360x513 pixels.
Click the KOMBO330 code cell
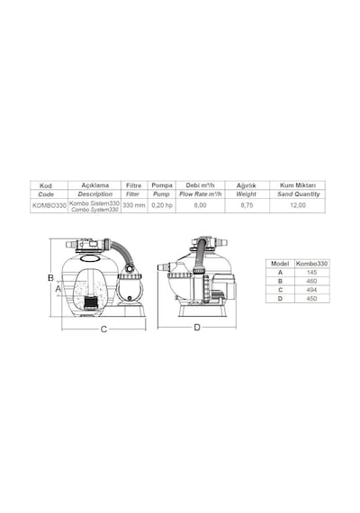click(49, 206)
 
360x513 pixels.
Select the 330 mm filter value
click(134, 205)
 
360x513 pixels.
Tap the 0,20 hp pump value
click(162, 205)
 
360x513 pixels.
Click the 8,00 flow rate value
click(201, 205)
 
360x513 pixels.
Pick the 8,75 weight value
click(247, 205)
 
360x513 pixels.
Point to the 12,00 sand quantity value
click(298, 205)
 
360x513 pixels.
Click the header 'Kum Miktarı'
click(298, 185)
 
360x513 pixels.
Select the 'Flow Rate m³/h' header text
click(201, 194)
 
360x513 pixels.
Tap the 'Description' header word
click(94, 194)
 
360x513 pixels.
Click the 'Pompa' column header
click(162, 185)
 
